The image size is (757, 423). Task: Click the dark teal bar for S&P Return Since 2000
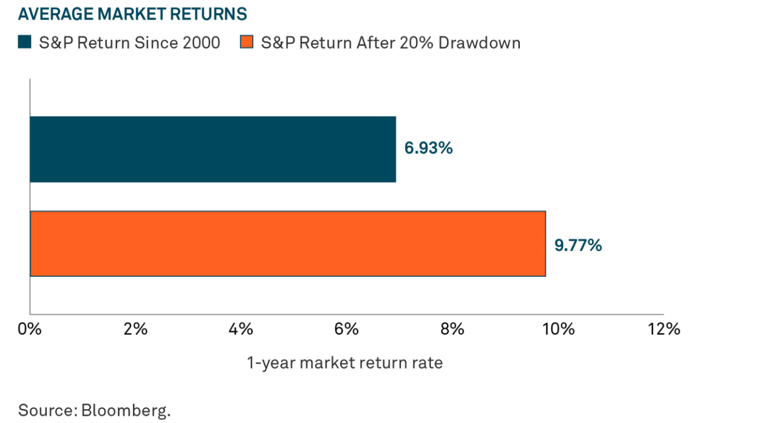pyautogui.click(x=213, y=149)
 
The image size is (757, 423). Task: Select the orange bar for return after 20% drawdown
pyautogui.click(x=287, y=244)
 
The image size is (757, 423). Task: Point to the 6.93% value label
pyautogui.click(x=428, y=148)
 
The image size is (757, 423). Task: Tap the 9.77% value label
pyautogui.click(x=578, y=245)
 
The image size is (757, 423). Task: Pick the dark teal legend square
pyautogui.click(x=24, y=43)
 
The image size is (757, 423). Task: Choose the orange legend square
pyautogui.click(x=247, y=43)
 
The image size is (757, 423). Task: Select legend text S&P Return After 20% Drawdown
pyautogui.click(x=390, y=43)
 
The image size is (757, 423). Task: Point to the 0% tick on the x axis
pyautogui.click(x=30, y=329)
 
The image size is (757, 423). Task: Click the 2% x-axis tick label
pyautogui.click(x=135, y=329)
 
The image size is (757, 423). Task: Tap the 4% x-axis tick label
pyautogui.click(x=241, y=329)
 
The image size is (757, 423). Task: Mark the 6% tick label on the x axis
pyautogui.click(x=347, y=329)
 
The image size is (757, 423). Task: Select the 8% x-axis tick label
pyautogui.click(x=452, y=329)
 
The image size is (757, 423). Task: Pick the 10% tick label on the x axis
pyautogui.click(x=558, y=329)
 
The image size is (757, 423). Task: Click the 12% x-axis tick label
pyautogui.click(x=664, y=329)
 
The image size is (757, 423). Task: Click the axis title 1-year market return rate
pyautogui.click(x=344, y=363)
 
